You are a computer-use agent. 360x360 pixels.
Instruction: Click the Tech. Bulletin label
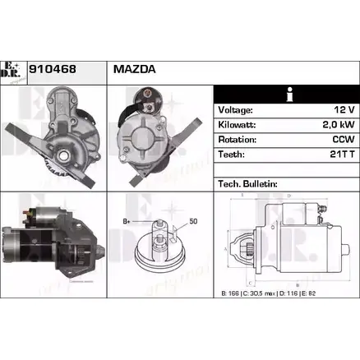tap(247, 183)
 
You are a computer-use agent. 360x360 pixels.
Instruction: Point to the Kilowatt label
tap(238, 125)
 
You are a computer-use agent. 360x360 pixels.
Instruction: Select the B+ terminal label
tap(126, 222)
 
